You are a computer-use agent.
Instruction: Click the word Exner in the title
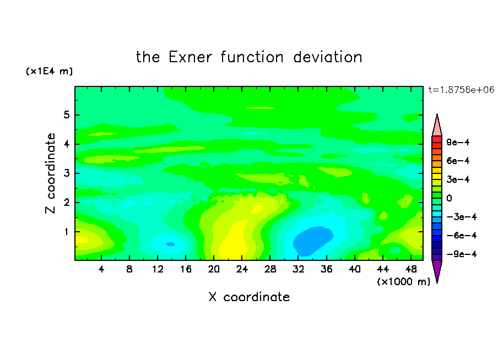[x=190, y=57]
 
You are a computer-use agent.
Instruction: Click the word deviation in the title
[x=328, y=57]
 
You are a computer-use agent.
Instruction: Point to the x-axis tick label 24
[x=242, y=269]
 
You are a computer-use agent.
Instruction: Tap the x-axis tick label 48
[x=411, y=269]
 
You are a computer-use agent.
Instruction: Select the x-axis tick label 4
[x=101, y=269]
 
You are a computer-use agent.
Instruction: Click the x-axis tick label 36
[x=327, y=269]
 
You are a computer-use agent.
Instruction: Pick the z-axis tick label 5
[x=66, y=114]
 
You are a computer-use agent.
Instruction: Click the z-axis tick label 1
[x=66, y=232]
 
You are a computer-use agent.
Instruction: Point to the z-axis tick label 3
[x=66, y=173]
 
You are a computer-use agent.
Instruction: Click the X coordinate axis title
[x=249, y=297]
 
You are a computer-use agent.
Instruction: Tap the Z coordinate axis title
[x=50, y=173]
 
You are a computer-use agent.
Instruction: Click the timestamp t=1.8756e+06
[x=461, y=90]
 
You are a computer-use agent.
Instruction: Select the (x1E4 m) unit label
[x=49, y=71]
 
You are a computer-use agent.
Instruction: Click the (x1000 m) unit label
[x=403, y=282]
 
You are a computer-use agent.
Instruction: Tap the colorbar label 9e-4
[x=458, y=142]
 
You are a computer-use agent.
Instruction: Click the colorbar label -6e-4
[x=462, y=236]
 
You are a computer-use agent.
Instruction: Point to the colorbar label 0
[x=449, y=198]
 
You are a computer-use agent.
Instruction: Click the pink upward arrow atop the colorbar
[x=437, y=125]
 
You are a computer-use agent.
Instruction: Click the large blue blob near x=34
[x=312, y=241]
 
